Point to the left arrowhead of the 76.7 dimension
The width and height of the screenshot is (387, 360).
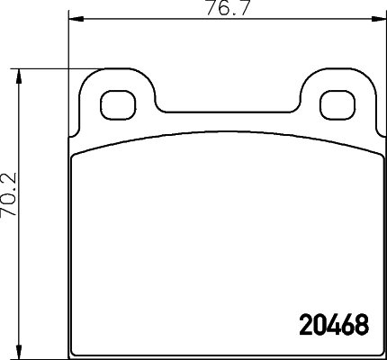coord(76,19)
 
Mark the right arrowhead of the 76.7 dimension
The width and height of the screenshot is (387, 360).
coord(373,19)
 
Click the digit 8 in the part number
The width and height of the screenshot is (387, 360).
coord(362,325)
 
